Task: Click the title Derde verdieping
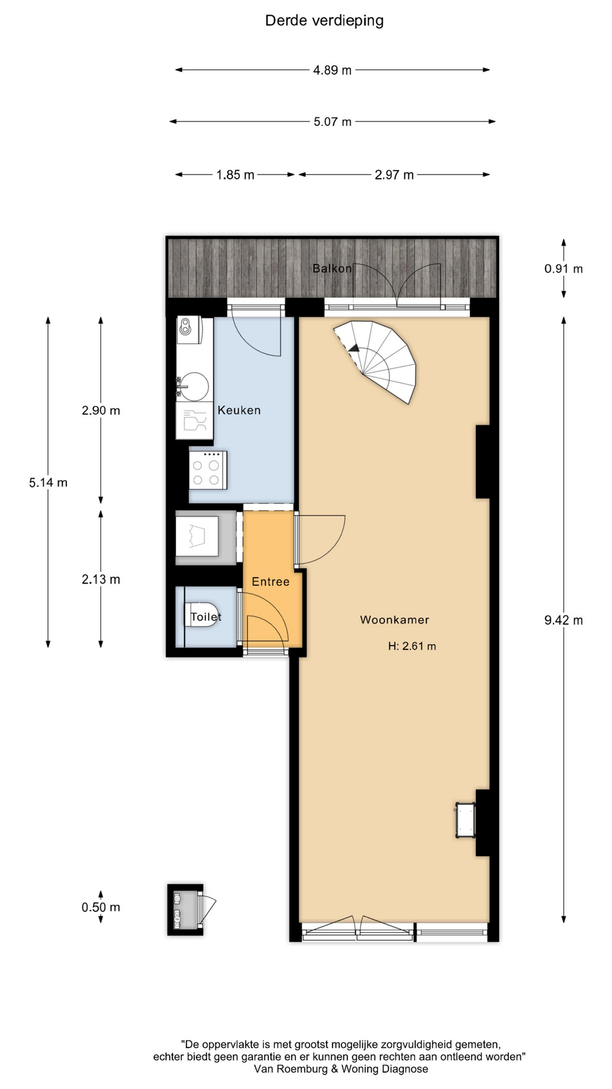click(x=324, y=21)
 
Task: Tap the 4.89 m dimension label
click(x=332, y=70)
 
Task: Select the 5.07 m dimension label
click(x=333, y=122)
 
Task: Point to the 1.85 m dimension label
click(x=235, y=175)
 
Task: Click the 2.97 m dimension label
click(x=394, y=175)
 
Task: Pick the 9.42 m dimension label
click(x=563, y=620)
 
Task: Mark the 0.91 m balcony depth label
click(x=563, y=269)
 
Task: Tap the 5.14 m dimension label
click(x=48, y=483)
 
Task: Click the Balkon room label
click(x=332, y=268)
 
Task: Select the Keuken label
click(x=239, y=410)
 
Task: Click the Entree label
click(x=270, y=581)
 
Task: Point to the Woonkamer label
click(x=394, y=620)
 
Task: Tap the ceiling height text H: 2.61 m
click(x=412, y=646)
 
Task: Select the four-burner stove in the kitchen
click(x=209, y=470)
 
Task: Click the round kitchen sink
click(x=194, y=387)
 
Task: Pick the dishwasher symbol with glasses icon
click(x=194, y=420)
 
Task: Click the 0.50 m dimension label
click(x=101, y=907)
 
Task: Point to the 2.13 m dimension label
click(x=101, y=579)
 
